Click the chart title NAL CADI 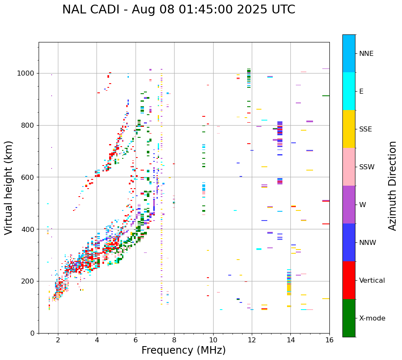tap(178, 10)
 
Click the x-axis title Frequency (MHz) tap(183, 350)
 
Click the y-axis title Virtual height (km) tap(9, 188)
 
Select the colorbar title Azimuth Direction tap(392, 186)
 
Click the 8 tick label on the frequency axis tap(174, 340)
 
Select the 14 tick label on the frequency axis tap(290, 340)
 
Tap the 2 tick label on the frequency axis tap(58, 340)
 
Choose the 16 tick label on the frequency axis tap(329, 340)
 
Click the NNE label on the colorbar tap(366, 54)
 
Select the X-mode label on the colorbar tap(372, 318)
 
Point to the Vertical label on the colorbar tap(372, 281)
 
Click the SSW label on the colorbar tap(367, 167)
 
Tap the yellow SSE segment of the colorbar tap(349, 129)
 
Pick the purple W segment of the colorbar tap(349, 205)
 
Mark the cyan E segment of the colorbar tap(349, 91)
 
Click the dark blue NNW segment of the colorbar tap(349, 242)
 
